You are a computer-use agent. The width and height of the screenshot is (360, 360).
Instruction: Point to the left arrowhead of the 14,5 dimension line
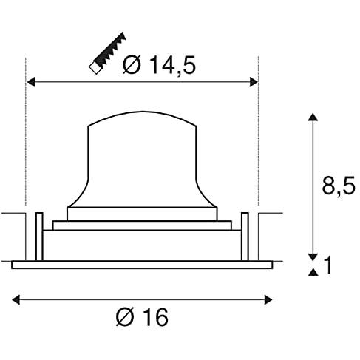pyautogui.click(x=31, y=82)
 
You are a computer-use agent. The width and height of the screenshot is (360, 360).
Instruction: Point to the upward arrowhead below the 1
pyautogui.click(x=313, y=274)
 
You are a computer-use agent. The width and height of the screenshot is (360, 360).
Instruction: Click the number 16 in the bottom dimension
pyautogui.click(x=154, y=318)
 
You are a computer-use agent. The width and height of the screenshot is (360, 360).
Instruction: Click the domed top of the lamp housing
pyautogui.click(x=141, y=126)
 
